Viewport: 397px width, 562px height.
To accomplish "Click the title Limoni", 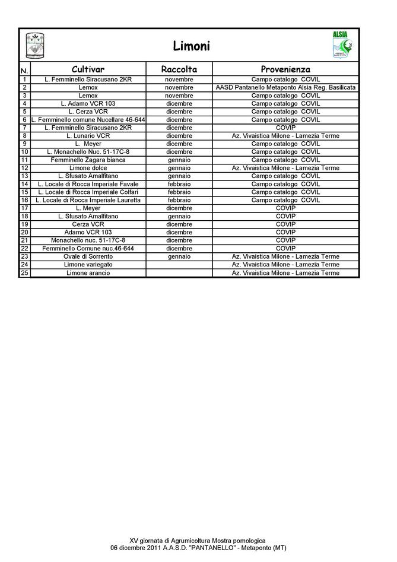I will [x=191, y=46].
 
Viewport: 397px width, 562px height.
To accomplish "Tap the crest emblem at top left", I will [x=36, y=46].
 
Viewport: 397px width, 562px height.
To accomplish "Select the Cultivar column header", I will [x=88, y=69].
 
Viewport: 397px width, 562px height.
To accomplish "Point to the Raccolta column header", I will [x=179, y=69].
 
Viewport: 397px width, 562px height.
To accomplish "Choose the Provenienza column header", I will [x=285, y=69].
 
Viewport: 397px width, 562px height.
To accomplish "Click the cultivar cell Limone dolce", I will [x=88, y=168].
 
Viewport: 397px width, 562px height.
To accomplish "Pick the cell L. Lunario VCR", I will [x=88, y=136].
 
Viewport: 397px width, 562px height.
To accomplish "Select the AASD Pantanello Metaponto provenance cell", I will [x=285, y=87].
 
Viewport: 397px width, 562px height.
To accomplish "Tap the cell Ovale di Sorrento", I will [x=88, y=256].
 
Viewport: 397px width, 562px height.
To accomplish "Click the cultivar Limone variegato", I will [x=88, y=264].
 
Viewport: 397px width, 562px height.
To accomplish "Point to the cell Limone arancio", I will [x=88, y=272].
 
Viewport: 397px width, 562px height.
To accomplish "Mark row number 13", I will [x=24, y=176].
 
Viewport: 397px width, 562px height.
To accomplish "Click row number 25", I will [x=24, y=272].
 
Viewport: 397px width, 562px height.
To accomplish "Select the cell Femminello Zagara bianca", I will [x=88, y=160].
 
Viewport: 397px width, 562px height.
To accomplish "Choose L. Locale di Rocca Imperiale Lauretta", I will [x=88, y=200].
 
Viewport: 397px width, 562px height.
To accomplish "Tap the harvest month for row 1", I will [x=179, y=80].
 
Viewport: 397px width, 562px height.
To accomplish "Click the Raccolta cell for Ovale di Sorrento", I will [x=179, y=256].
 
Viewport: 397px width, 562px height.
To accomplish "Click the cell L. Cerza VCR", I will [x=88, y=112].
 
